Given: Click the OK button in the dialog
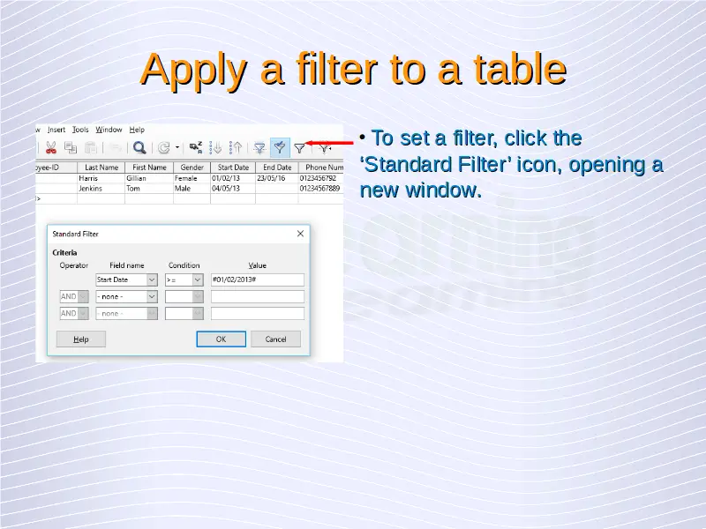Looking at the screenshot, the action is (222, 339).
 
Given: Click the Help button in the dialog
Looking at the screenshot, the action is (81, 339).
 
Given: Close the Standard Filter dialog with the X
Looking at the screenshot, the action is (300, 234).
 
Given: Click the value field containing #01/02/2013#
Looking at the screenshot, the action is (258, 279).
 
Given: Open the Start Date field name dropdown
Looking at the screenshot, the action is (152, 279).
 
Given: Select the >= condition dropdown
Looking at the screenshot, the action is (184, 279).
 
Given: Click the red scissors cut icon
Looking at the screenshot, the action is (51, 147).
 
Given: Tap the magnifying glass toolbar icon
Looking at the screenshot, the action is (139, 147).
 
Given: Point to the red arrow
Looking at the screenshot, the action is (330, 143).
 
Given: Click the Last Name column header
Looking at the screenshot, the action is (101, 168).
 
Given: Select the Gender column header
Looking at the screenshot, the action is (192, 168).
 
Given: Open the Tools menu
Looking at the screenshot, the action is (80, 130).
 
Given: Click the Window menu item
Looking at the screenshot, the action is (109, 130).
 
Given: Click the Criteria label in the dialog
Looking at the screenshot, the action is (64, 253).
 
